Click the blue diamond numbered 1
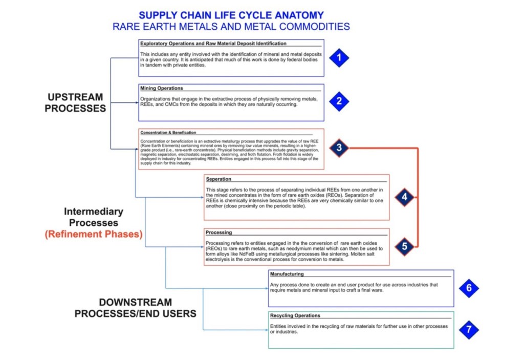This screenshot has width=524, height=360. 338,58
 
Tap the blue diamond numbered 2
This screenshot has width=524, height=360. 338,101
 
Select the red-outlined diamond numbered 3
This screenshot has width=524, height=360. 338,149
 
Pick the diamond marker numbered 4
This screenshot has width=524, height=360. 404,197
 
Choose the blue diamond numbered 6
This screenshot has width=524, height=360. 469,288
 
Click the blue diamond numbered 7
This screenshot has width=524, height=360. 469,329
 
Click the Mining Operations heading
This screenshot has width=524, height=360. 161,88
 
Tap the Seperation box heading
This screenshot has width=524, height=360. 219,179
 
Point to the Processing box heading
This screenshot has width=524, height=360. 219,232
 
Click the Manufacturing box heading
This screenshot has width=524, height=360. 287,274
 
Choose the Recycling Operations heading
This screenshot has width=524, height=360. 295,315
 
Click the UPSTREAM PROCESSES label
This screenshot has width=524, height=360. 76,102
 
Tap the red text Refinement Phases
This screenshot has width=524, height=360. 93,235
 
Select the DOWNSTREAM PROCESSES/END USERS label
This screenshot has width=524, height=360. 135,308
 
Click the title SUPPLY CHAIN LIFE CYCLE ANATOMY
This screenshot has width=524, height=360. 231,15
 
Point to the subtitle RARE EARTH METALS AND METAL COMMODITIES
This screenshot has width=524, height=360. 231,27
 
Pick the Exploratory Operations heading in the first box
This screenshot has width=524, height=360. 213,44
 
